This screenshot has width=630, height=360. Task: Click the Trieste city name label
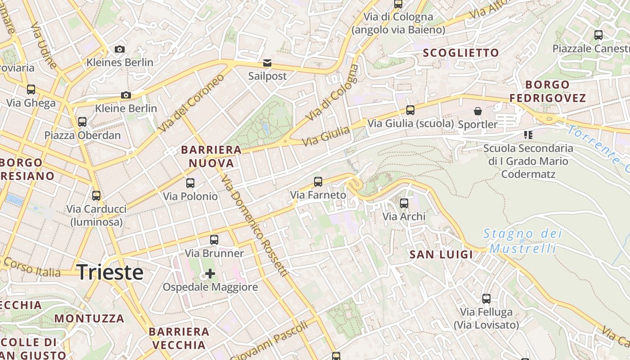click(110, 273)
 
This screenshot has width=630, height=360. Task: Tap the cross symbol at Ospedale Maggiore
click(210, 273)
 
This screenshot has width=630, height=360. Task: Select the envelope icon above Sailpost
click(267, 63)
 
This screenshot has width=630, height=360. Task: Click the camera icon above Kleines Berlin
click(120, 49)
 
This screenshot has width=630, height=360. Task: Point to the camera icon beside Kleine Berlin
click(126, 95)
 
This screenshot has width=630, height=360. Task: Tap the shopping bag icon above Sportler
click(477, 111)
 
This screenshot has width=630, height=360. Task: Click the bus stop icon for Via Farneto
click(318, 182)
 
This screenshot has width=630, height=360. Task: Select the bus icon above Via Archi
click(404, 203)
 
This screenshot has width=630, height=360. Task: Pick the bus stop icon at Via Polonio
click(190, 183)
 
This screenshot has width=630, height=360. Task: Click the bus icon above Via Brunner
click(214, 240)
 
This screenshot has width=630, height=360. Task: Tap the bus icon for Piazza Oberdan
click(82, 121)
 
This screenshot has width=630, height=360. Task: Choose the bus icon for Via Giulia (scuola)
click(410, 110)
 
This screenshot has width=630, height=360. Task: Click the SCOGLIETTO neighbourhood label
click(461, 53)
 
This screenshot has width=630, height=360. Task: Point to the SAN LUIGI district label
click(441, 255)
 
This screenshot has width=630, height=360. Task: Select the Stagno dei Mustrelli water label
click(522, 241)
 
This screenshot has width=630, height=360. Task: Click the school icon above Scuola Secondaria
click(528, 135)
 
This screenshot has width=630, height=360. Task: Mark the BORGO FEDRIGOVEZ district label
click(547, 91)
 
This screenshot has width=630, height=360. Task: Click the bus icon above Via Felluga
click(486, 298)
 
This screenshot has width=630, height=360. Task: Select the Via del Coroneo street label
click(191, 103)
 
